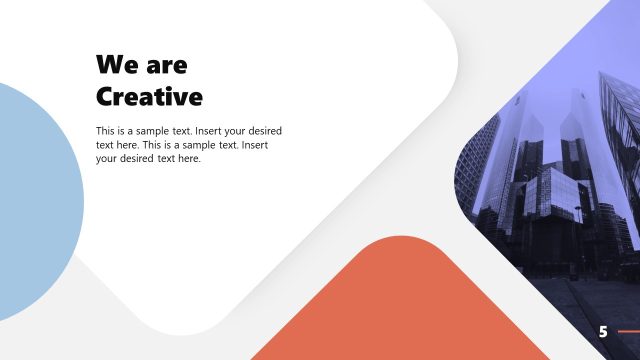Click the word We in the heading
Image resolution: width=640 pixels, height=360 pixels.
click(114, 65)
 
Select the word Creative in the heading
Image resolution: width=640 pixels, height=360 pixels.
click(149, 96)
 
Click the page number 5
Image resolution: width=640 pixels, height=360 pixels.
click(603, 331)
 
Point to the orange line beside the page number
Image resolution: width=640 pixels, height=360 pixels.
click(629, 331)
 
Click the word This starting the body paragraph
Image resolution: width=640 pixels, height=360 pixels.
click(106, 131)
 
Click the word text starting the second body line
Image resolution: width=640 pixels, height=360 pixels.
click(105, 145)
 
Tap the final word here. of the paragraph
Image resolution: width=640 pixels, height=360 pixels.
click(188, 159)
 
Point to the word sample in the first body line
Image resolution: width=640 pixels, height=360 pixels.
click(155, 131)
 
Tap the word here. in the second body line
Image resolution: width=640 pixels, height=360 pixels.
click(131, 145)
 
